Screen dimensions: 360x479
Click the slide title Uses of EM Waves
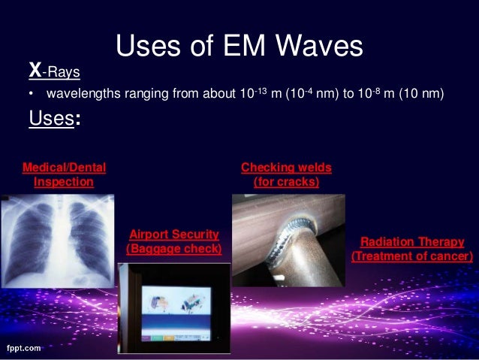tap(239, 47)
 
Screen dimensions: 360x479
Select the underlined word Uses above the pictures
tap(50, 120)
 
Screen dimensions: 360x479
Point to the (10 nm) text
tap(425, 95)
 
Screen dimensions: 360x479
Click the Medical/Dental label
tap(65, 167)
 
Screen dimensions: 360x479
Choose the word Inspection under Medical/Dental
tap(64, 182)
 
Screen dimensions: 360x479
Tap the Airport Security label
tap(174, 234)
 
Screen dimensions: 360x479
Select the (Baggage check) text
tap(174, 248)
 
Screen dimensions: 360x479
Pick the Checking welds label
tap(285, 167)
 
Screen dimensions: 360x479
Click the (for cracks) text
tap(286, 182)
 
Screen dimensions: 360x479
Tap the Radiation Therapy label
tap(412, 242)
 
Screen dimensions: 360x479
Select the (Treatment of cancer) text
tap(412, 257)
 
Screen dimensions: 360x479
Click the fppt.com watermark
tap(23, 349)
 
